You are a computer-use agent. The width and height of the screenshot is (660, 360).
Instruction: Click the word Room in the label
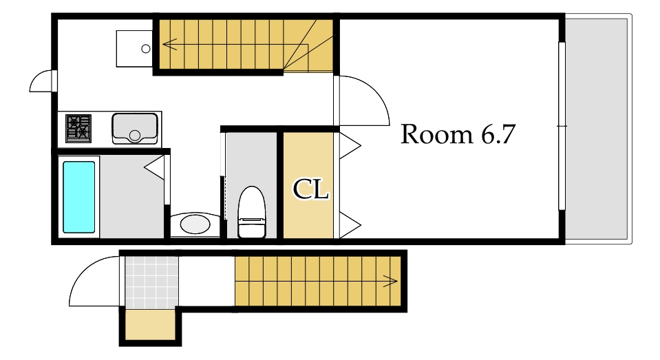(x=436, y=135)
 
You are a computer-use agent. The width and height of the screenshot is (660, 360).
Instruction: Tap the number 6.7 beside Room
(x=498, y=135)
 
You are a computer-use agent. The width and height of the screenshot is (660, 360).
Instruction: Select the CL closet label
(x=310, y=189)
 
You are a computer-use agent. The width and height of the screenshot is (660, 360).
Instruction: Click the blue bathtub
(x=78, y=197)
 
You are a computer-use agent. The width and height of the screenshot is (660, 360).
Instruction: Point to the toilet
(x=252, y=212)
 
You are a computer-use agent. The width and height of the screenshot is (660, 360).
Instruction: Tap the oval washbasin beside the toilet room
(x=195, y=224)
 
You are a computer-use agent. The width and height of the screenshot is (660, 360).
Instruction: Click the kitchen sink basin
(x=135, y=129)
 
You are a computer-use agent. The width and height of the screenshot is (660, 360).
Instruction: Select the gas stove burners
(x=78, y=129)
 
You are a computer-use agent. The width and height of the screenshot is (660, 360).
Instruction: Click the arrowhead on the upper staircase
(x=169, y=44)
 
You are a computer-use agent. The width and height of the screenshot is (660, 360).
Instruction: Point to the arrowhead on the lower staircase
(x=391, y=281)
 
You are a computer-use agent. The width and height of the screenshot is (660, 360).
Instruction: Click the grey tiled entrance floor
(x=151, y=282)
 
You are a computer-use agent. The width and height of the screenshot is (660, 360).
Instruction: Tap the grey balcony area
(x=596, y=129)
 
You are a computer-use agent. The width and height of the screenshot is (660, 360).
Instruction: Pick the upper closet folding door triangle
(x=350, y=146)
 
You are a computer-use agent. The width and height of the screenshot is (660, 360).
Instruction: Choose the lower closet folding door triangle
(x=350, y=225)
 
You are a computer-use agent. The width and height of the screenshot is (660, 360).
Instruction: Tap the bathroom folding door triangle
(x=154, y=167)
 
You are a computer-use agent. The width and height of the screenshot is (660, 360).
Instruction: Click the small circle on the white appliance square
(x=146, y=49)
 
